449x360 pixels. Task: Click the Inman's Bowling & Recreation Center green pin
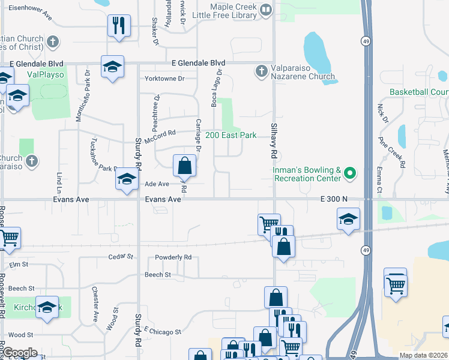pos(351,175)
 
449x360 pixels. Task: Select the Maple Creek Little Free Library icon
pos(267,10)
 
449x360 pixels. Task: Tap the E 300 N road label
pos(334,199)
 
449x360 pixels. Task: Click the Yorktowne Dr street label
pos(164,79)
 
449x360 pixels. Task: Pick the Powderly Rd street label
pos(173,257)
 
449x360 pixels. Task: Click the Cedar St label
pos(120,257)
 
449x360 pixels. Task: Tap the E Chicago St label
pos(163,332)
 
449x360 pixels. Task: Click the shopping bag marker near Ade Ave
pos(185,166)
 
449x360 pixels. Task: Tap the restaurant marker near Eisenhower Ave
pos(118,26)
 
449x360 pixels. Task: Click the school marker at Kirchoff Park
pos(47,307)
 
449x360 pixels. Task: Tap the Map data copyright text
pos(423,355)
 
